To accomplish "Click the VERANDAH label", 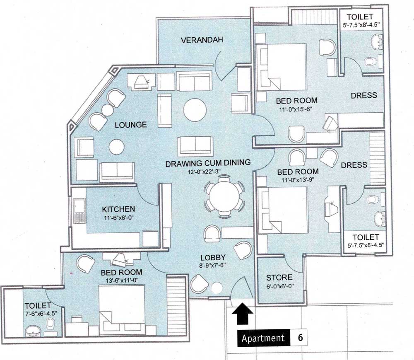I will (202, 40).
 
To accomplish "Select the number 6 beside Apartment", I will (300, 338).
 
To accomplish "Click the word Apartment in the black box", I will (263, 338).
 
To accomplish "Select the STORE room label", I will (279, 277).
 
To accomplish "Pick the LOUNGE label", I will (131, 124).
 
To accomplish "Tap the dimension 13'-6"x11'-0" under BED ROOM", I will (121, 280).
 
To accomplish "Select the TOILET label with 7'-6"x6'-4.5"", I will (37, 305).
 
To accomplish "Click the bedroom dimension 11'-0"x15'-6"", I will (297, 109).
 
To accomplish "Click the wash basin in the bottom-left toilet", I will (32, 331).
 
